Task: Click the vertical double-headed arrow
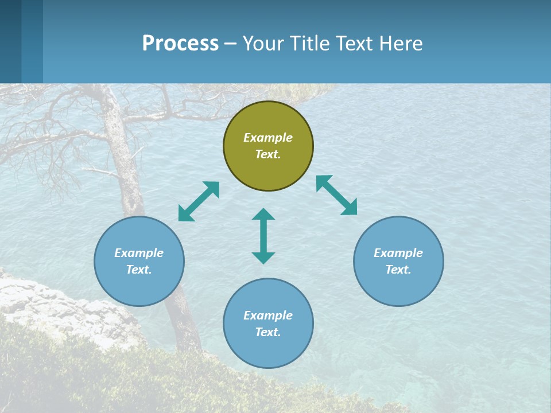(263, 236)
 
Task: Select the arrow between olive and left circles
(199, 201)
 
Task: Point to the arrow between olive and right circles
(336, 195)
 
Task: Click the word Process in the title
(180, 43)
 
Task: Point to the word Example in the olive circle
(268, 138)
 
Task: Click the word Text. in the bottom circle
(268, 332)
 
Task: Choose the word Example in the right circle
(398, 253)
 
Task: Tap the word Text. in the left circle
(139, 270)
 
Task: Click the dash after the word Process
(230, 44)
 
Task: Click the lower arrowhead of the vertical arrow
(263, 258)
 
